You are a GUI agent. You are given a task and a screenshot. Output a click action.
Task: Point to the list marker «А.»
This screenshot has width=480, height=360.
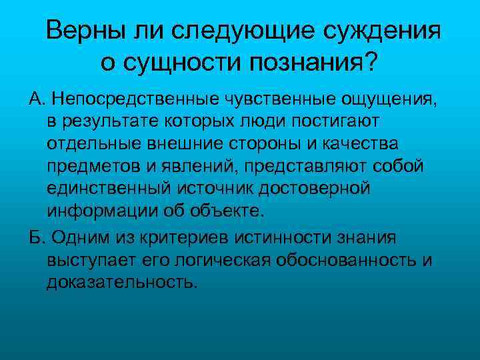37,99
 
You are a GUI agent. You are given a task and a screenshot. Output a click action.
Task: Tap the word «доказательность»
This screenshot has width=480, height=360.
122,282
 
